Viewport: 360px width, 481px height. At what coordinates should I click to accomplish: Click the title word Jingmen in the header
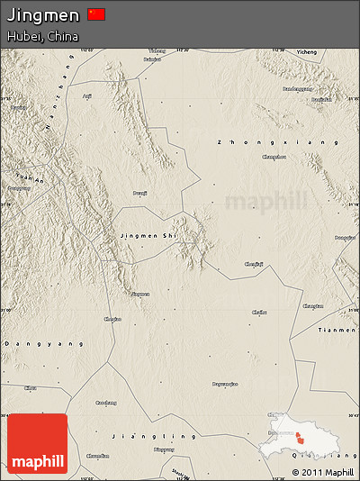[42, 15]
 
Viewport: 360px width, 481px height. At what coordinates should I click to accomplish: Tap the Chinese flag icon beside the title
[96, 14]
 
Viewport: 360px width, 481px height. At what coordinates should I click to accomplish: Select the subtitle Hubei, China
[41, 37]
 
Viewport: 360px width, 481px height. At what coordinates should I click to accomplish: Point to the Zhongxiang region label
[278, 142]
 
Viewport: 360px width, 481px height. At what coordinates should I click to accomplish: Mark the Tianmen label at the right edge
[337, 330]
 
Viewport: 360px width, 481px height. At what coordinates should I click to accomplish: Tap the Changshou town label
[274, 157]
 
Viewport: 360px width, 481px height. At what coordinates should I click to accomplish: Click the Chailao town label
[259, 312]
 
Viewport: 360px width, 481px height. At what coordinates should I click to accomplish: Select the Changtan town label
[312, 306]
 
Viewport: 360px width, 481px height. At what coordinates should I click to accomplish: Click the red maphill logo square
[37, 443]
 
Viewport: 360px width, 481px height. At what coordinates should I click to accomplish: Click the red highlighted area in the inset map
[298, 437]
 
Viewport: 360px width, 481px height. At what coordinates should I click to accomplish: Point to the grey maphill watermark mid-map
[265, 200]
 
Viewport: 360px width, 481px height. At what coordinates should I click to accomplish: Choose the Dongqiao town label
[344, 238]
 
